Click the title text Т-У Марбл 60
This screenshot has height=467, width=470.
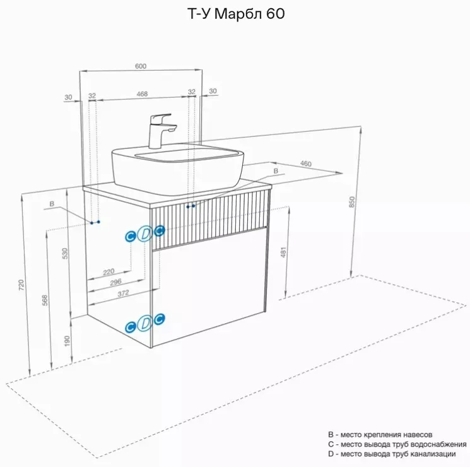(x=236, y=14)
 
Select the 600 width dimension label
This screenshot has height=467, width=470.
(x=141, y=66)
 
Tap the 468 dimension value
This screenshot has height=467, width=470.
(x=142, y=94)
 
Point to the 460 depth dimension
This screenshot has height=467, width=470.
(x=306, y=163)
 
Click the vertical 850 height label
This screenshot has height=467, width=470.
(x=352, y=202)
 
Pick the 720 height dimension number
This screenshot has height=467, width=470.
(x=21, y=285)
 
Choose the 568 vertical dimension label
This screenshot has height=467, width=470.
(x=45, y=300)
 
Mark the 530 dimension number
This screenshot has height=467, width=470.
(x=65, y=254)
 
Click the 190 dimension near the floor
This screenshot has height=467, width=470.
(x=67, y=341)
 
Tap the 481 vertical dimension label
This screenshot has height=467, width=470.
(x=283, y=252)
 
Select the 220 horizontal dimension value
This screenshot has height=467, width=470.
(x=109, y=272)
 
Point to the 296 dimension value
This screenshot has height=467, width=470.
(x=115, y=282)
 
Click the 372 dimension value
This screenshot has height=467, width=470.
(x=123, y=293)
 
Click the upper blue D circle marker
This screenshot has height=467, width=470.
(x=145, y=233)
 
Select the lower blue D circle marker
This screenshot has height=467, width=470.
(x=144, y=323)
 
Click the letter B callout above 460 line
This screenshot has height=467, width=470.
(x=276, y=171)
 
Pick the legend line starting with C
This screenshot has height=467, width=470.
(x=397, y=444)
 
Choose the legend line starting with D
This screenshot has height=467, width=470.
(x=392, y=454)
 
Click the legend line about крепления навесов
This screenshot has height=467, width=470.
(x=380, y=435)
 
